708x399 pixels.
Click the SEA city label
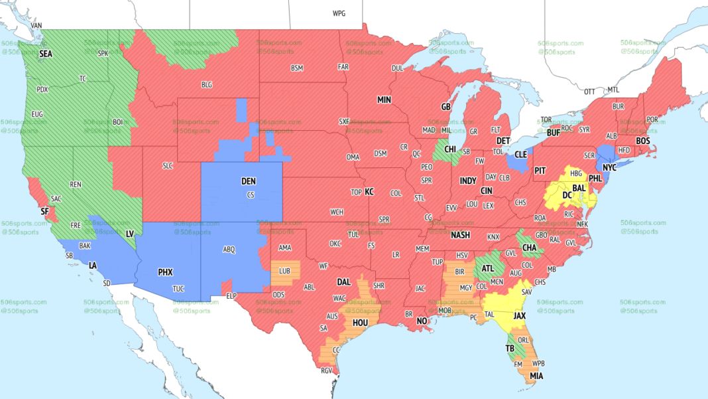click(46, 54)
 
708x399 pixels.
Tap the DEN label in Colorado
click(248, 181)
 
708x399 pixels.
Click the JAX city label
click(520, 316)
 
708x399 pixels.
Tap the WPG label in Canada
click(339, 13)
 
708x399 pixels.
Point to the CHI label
click(450, 150)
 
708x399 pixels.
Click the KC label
click(369, 192)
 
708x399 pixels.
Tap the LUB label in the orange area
click(285, 271)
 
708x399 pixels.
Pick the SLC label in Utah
click(168, 166)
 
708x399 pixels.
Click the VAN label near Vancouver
click(36, 25)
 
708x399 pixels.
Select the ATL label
click(487, 269)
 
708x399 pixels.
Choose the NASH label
click(459, 236)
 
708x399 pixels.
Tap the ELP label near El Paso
click(231, 295)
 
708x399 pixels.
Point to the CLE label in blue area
click(520, 154)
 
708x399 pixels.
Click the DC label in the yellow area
click(567, 196)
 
